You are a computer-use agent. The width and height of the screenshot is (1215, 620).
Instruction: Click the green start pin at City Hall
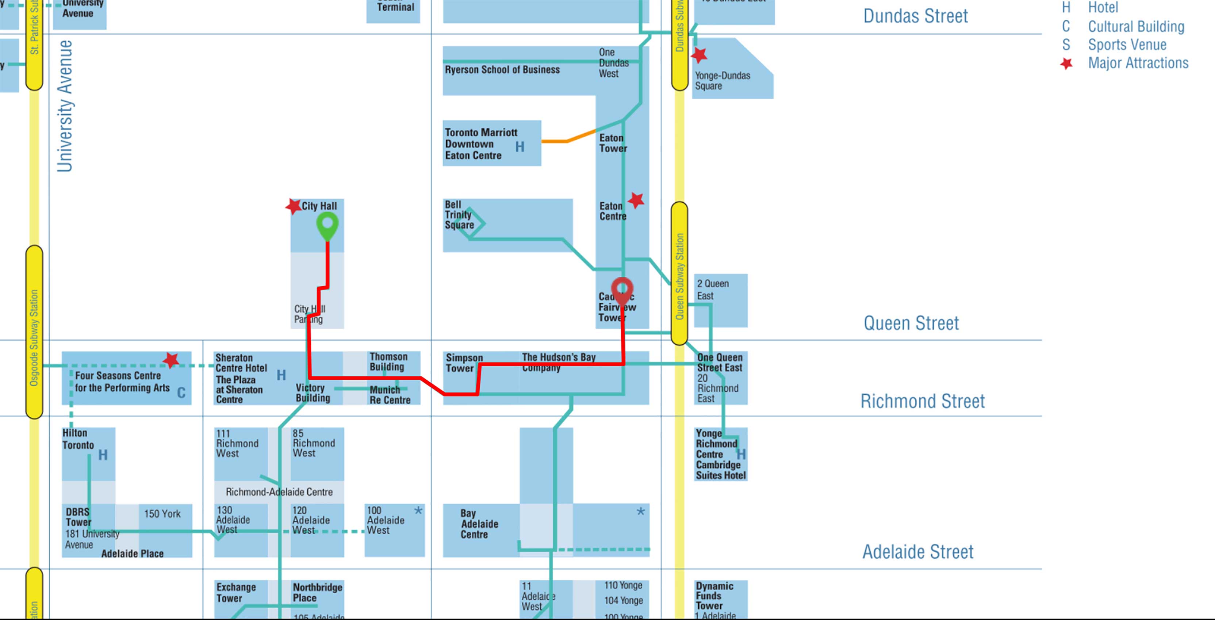327,225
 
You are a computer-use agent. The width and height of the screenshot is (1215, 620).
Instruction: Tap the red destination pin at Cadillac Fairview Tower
622,288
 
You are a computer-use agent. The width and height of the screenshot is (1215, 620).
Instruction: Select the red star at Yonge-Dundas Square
699,55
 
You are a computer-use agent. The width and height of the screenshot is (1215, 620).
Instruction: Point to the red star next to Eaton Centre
636,200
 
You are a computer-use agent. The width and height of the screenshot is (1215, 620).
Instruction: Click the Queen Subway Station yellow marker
679,273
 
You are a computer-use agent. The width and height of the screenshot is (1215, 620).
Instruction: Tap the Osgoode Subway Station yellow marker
34,332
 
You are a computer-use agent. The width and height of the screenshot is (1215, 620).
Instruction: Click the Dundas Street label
915,16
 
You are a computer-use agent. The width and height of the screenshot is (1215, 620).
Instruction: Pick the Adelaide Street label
917,552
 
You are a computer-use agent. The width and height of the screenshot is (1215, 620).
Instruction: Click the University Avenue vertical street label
65,106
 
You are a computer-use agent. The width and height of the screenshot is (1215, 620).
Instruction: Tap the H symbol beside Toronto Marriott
519,147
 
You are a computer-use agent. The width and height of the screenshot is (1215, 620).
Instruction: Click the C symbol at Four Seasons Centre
181,393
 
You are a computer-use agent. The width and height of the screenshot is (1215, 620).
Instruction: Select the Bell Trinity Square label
459,215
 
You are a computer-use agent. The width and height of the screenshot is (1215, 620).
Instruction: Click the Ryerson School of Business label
502,70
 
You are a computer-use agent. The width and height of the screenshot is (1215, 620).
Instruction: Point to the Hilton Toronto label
78,439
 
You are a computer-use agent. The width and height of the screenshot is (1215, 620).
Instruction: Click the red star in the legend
1066,63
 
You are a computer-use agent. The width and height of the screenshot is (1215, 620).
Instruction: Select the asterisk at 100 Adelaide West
418,510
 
